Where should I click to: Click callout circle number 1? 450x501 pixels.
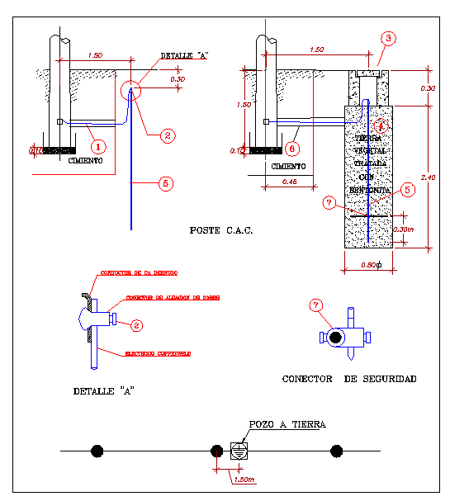98,146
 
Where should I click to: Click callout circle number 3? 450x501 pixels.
389,38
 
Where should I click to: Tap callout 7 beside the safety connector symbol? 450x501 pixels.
314,305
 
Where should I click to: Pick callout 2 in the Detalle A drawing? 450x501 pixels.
137,325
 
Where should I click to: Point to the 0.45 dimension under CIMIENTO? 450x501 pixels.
289,181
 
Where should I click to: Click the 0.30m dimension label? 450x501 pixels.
404,229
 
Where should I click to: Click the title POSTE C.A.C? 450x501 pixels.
220,230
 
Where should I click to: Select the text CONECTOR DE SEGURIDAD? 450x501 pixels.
348,379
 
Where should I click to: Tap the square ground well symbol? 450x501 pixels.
238,451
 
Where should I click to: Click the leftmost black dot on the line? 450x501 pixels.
97,451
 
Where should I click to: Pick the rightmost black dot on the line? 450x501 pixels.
336,451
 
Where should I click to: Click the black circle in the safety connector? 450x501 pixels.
335,338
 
